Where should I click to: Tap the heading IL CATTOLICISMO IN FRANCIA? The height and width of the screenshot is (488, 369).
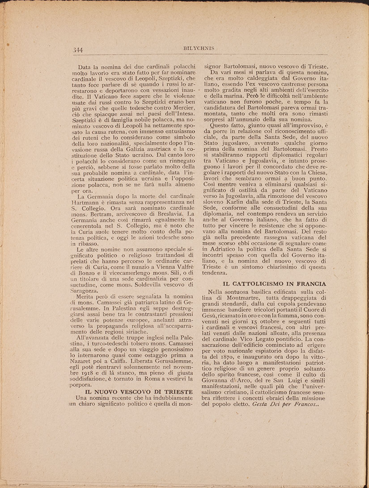click(275, 284)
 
